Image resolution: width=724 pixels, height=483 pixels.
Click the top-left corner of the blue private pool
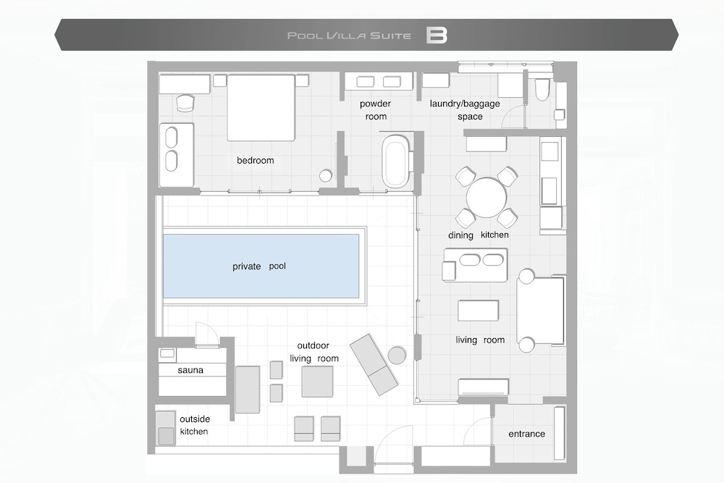tap(163, 235)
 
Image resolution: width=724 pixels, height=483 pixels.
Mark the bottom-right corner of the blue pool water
tap(359, 298)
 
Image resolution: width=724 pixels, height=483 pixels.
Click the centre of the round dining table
tap(487, 198)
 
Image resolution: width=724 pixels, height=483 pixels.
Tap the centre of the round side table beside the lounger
tap(397, 355)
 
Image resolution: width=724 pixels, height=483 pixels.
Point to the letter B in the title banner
tap(437, 35)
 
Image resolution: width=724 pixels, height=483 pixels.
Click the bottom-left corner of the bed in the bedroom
tap(227, 140)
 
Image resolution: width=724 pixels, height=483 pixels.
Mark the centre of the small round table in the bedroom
tap(326, 176)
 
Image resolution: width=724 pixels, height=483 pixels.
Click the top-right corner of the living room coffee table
tap(499, 301)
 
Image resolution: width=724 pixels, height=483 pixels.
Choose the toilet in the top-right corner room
tap(542, 89)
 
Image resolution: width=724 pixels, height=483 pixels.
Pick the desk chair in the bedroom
tap(185, 103)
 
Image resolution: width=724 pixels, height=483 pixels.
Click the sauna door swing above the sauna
tap(206, 333)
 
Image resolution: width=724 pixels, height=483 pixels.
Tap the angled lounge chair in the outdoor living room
tap(374, 364)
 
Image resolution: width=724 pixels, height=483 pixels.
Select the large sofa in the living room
tap(540, 311)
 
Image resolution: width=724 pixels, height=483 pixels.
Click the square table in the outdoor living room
tap(317, 382)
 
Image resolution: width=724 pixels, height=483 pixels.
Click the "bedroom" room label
tap(256, 160)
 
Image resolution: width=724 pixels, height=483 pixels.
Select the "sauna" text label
tap(190, 370)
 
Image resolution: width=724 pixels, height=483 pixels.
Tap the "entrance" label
tap(526, 434)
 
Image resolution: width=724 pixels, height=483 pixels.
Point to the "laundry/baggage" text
tap(465, 104)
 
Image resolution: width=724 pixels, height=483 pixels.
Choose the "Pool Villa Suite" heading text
tap(349, 35)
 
